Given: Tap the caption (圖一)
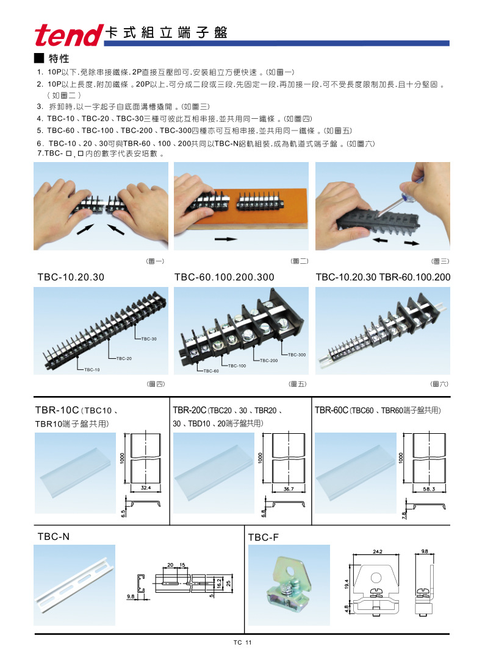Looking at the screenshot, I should click(x=156, y=261).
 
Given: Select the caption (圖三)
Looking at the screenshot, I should click(x=440, y=261).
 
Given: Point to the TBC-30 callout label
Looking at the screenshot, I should click(x=149, y=338).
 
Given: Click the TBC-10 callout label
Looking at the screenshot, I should click(x=92, y=369).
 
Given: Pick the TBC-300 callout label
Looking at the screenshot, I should click(x=296, y=354).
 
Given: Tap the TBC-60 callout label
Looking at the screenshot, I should click(x=211, y=370).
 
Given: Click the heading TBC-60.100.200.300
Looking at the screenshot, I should click(x=224, y=277).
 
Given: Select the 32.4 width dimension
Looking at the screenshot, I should click(x=145, y=489).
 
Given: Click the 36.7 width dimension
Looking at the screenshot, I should click(x=289, y=489).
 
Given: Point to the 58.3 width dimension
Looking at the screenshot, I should click(x=430, y=489).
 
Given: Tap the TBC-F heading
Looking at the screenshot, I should click(x=264, y=537).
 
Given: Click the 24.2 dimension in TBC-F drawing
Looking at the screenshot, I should click(x=377, y=551).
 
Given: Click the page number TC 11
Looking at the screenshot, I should click(x=242, y=643).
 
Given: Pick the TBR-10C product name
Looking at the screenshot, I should click(x=57, y=411).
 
